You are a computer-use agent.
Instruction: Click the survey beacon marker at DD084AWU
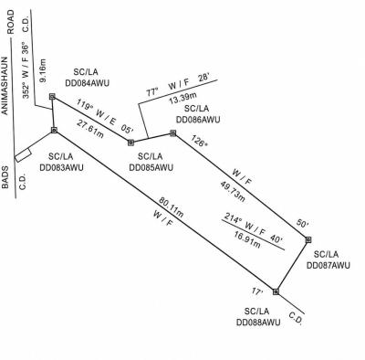tap(52, 97)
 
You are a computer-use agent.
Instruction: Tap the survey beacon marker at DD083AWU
tap(54, 130)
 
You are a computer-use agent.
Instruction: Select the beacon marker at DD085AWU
tap(130, 143)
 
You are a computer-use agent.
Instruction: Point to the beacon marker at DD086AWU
tap(173, 133)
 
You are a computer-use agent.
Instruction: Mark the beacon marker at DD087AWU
tap(308, 239)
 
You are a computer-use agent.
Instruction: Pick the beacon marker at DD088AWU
tap(276, 291)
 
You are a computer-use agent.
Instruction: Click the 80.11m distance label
tap(171, 207)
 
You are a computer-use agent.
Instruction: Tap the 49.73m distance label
tap(233, 191)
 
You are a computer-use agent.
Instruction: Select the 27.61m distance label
tap(90, 129)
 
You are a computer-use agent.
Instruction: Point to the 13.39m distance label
tap(182, 98)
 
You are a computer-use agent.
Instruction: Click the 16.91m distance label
tap(247, 239)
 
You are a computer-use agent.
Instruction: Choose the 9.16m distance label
tap(43, 70)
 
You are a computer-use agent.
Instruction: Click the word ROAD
tap(11, 22)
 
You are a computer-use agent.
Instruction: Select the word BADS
tap(5, 177)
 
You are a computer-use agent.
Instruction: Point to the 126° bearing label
tap(199, 141)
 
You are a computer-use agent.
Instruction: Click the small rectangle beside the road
tap(23, 155)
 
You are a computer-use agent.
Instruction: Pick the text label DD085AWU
tap(151, 167)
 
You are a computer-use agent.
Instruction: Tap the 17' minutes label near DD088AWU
tap(257, 291)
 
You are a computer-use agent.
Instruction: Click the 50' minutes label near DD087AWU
tap(303, 224)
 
